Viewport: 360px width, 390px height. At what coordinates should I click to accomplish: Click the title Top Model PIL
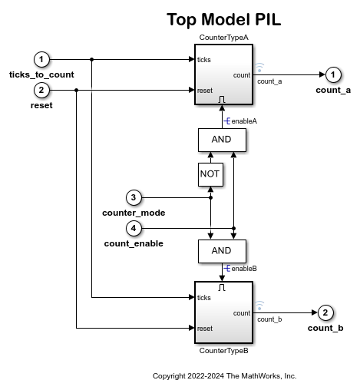tap(223, 20)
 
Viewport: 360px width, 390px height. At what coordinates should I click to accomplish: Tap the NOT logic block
tap(210, 174)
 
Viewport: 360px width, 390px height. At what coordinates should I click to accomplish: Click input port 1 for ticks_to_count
tap(43, 59)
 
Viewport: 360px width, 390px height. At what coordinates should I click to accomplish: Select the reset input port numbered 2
tap(43, 91)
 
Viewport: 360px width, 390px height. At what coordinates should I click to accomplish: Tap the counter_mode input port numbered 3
tap(134, 197)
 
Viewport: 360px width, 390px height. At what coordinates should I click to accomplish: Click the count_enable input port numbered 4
tap(134, 228)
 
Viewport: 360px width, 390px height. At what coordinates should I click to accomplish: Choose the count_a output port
tap(333, 74)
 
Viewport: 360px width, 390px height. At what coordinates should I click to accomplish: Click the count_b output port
tap(325, 312)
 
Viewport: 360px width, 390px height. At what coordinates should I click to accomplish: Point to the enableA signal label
tap(243, 121)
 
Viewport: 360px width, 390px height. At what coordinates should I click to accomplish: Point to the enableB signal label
tap(243, 269)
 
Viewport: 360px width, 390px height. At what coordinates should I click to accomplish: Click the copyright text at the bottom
tap(224, 376)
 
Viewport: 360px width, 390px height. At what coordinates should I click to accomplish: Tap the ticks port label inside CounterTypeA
tap(204, 59)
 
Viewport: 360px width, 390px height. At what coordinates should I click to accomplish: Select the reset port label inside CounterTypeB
tap(205, 329)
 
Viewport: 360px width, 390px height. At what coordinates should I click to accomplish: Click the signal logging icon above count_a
tap(259, 68)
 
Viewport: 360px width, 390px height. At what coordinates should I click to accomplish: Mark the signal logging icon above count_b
tap(259, 306)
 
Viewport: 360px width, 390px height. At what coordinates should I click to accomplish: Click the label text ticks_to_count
tap(41, 74)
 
